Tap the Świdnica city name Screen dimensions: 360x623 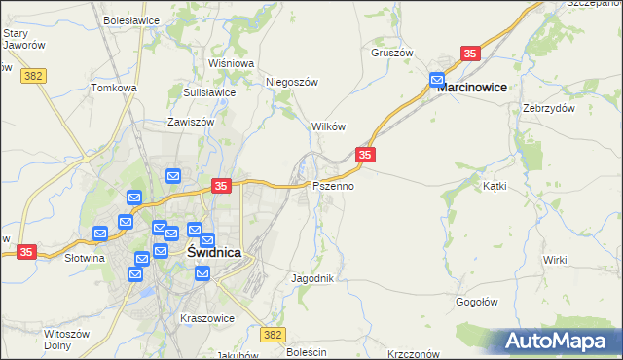pyautogui.click(x=214, y=251)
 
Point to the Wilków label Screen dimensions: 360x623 pyautogui.click(x=328, y=127)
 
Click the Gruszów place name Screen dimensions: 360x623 pyautogui.click(x=392, y=54)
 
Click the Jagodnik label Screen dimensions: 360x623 pyautogui.click(x=313, y=278)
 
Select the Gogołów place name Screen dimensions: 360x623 pyautogui.click(x=478, y=302)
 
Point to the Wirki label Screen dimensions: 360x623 pyautogui.click(x=556, y=260)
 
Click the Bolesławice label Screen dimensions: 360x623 pyautogui.click(x=130, y=19)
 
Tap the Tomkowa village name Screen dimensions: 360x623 pyautogui.click(x=114, y=88)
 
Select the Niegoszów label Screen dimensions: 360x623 pyautogui.click(x=293, y=83)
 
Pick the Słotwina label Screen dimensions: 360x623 pyautogui.click(x=84, y=259)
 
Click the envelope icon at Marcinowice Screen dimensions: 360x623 pyautogui.click(x=437, y=79)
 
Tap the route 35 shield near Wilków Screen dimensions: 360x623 pyautogui.click(x=365, y=155)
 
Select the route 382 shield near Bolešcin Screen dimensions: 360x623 pyautogui.click(x=273, y=334)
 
